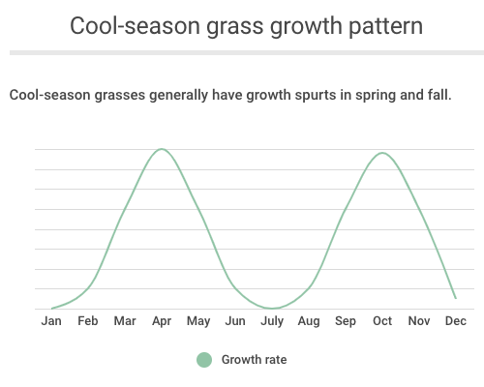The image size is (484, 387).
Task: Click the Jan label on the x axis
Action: click(x=51, y=321)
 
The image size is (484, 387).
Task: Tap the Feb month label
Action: click(x=88, y=321)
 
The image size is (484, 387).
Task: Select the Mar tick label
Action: click(x=125, y=321)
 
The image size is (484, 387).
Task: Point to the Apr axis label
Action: click(x=162, y=322)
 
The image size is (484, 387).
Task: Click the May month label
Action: click(x=198, y=322)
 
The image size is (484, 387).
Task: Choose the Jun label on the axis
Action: click(x=235, y=321)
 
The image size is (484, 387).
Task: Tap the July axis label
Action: click(x=272, y=322)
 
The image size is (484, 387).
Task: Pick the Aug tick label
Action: click(x=309, y=322)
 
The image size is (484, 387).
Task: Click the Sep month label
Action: click(x=346, y=322)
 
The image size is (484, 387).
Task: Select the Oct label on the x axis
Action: click(x=382, y=321)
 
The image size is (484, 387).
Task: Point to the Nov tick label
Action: click(x=419, y=321)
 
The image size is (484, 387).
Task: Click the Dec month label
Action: click(x=456, y=321)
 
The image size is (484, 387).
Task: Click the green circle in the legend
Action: click(x=204, y=360)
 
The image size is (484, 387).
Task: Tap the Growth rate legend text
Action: click(x=254, y=360)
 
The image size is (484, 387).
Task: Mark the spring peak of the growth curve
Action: click(x=162, y=149)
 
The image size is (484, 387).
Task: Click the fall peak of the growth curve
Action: click(x=382, y=153)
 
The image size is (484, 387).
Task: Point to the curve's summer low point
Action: click(x=272, y=309)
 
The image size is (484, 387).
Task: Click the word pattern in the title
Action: click(x=385, y=26)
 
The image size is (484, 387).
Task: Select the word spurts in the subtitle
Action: click(x=315, y=96)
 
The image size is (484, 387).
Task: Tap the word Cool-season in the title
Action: click(x=135, y=26)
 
